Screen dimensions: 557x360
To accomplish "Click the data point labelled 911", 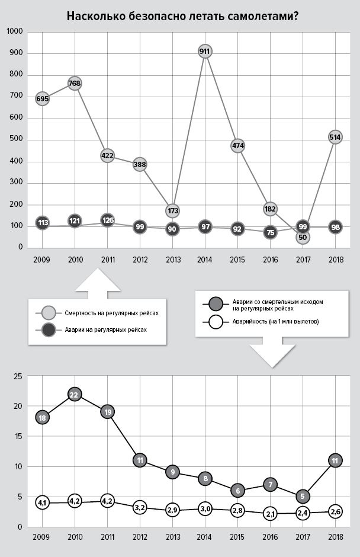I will (205, 52).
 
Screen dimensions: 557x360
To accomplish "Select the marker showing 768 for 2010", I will (75, 84).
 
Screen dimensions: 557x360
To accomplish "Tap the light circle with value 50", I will (303, 237).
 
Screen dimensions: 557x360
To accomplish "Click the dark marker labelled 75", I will (270, 233).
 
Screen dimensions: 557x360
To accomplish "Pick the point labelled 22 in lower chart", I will (75, 395).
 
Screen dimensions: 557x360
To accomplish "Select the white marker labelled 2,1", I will (270, 514).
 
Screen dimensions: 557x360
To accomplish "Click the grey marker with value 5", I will (303, 497).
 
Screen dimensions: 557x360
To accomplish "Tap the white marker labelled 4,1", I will (42, 502).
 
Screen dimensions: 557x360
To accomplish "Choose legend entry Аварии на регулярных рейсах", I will (98, 329).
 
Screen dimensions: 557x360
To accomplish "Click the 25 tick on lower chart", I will (18, 376).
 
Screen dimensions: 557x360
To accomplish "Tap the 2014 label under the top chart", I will (205, 259).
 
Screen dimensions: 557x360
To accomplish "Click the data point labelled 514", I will (335, 137).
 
